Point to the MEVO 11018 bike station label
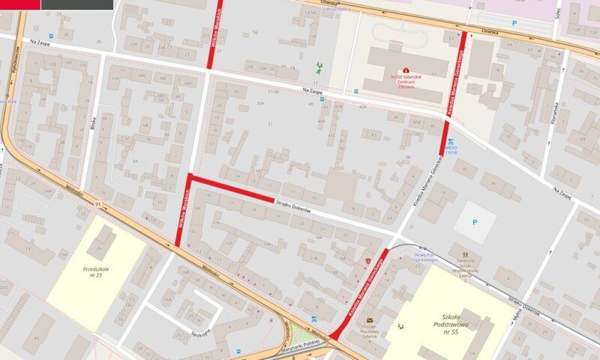(451, 151)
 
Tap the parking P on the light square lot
(474, 222)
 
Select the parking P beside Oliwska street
(513, 23)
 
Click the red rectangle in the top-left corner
(19, 4)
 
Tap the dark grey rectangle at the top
(76, 4)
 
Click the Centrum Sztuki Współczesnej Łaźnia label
(465, 268)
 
